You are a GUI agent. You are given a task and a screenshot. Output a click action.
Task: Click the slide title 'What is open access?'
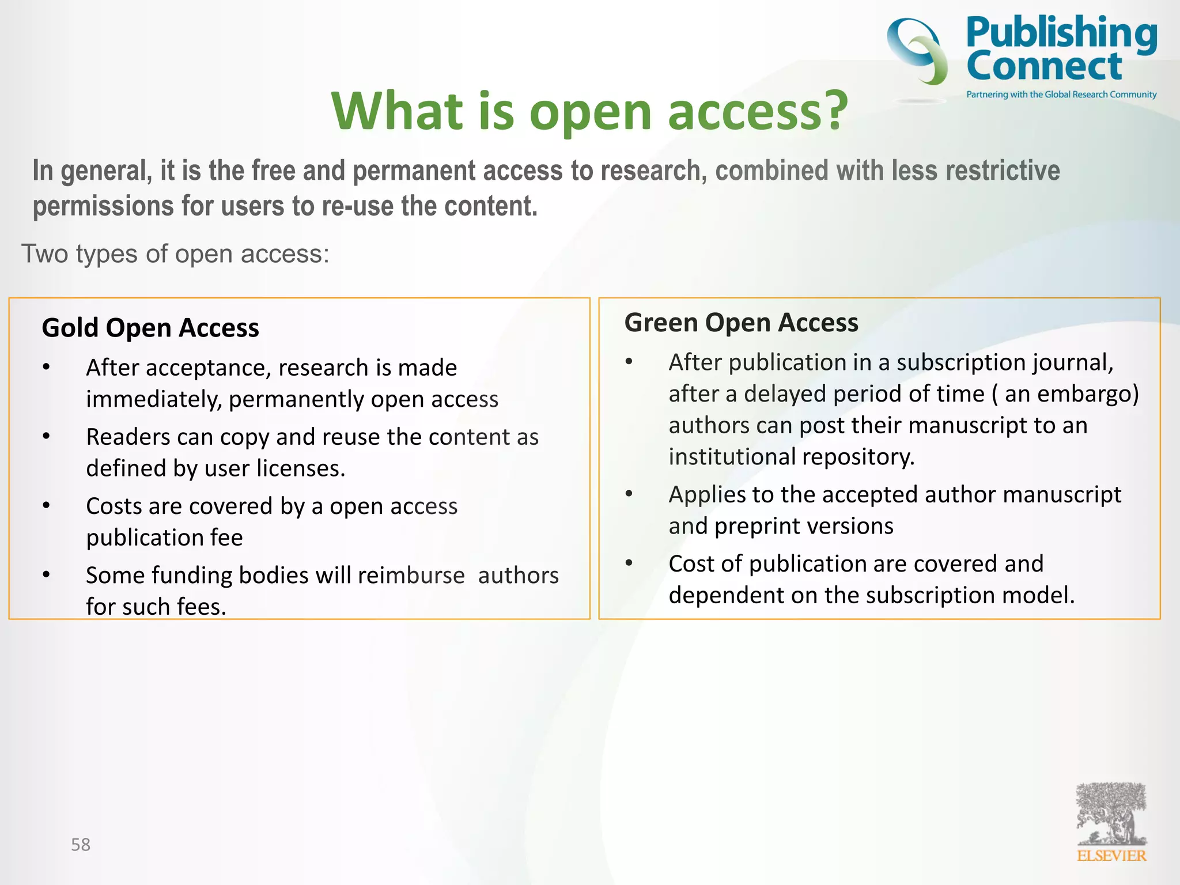click(589, 111)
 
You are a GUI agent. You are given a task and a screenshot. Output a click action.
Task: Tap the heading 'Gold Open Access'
click(150, 328)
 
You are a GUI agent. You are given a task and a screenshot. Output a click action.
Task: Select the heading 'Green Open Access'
click(741, 323)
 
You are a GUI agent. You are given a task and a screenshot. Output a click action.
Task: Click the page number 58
click(81, 845)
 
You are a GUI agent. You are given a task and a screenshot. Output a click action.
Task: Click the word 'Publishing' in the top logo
click(1061, 33)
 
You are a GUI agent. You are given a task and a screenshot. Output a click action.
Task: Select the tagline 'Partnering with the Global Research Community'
click(1061, 94)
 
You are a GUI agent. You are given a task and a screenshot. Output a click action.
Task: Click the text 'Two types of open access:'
click(176, 254)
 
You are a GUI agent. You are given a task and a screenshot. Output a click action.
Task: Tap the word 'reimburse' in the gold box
click(411, 576)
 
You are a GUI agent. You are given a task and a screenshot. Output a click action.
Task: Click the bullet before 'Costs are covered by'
click(46, 506)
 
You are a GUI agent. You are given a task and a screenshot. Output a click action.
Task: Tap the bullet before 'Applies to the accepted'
click(629, 494)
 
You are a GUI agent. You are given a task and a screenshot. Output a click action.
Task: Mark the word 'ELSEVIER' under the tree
click(1111, 856)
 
